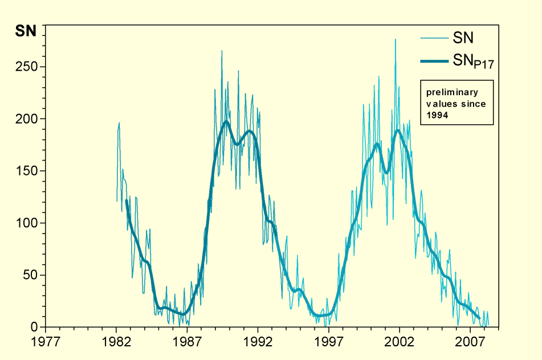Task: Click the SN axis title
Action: coord(25,31)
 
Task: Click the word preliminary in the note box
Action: coord(453,92)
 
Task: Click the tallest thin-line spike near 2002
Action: coord(395,40)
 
